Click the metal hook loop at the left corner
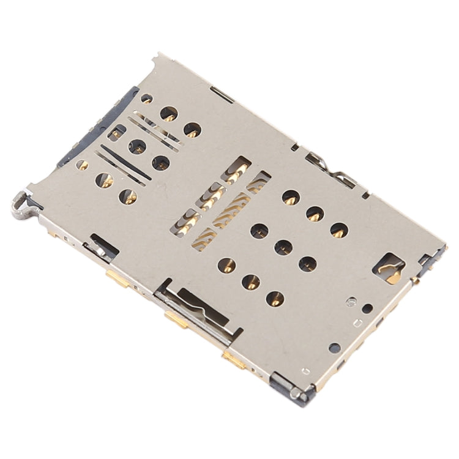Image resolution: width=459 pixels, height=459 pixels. pyautogui.click(x=20, y=204)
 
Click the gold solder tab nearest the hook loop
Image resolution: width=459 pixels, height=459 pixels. pyautogui.click(x=116, y=278)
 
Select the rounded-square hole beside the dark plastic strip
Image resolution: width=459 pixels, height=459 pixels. pyautogui.click(x=116, y=132)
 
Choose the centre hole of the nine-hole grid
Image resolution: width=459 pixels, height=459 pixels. pyautogui.click(x=282, y=247)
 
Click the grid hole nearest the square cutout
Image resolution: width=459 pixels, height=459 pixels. pyautogui.click(x=339, y=230)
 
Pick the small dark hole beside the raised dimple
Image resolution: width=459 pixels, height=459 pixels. pyautogui.click(x=367, y=308)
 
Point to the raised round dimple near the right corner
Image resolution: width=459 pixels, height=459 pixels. pyautogui.click(x=351, y=300)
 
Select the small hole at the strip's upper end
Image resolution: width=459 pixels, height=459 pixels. pyautogui.click(x=146, y=98)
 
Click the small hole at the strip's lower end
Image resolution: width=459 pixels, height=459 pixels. pyautogui.click(x=81, y=165)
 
